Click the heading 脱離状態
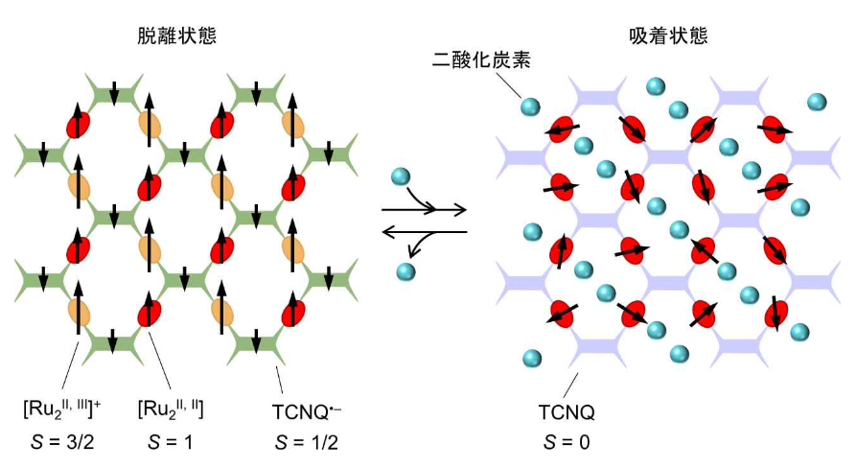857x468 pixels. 177,37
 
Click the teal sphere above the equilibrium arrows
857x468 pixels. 402,176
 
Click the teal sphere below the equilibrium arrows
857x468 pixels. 406,271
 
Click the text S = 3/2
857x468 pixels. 64,444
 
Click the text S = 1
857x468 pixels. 170,444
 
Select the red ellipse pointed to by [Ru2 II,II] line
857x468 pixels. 149,313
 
